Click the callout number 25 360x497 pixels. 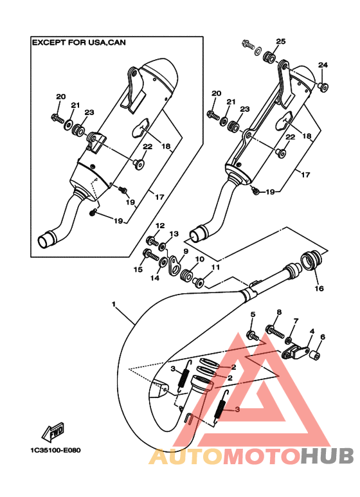click(x=280, y=41)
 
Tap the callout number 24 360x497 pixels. click(x=323, y=65)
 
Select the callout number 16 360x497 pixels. click(x=319, y=289)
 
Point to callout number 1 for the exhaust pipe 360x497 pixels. click(x=114, y=304)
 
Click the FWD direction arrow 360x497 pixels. click(x=53, y=432)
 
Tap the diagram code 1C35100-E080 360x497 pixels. click(x=55, y=450)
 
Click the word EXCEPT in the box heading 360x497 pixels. click(x=45, y=42)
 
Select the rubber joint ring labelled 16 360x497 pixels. click(x=311, y=260)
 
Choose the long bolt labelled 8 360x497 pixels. click(x=274, y=332)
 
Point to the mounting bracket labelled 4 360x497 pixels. click(x=295, y=352)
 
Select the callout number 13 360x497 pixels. click(x=174, y=234)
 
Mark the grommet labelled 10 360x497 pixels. click(x=186, y=275)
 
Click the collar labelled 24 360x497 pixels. click(x=323, y=86)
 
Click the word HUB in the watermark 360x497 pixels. click(x=327, y=456)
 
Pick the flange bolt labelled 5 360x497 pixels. click(x=252, y=336)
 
